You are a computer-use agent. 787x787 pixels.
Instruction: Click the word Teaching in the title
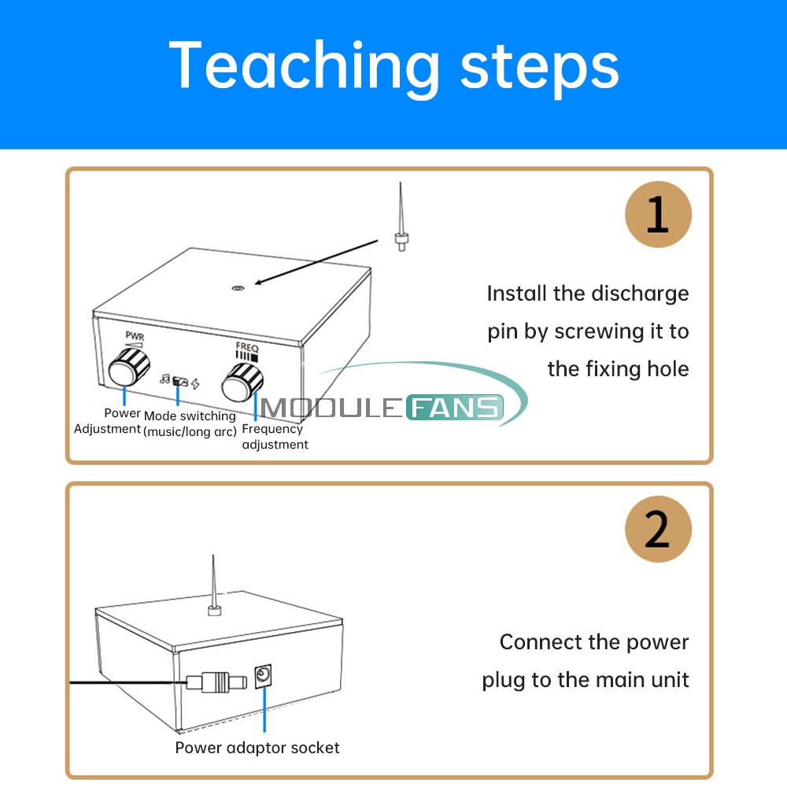tap(304, 67)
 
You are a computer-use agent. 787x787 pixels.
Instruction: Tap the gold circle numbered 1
tap(658, 214)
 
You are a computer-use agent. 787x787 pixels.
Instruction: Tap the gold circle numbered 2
tap(658, 529)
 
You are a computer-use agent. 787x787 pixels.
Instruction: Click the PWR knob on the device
tap(129, 367)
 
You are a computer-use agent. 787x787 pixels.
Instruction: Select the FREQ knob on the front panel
tap(242, 382)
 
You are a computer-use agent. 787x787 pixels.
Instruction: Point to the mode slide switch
tap(179, 382)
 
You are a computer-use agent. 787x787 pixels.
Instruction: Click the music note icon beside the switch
tap(165, 379)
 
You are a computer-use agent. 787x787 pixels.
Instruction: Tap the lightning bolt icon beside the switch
tap(195, 384)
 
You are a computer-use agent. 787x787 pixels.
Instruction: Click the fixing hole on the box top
tap(238, 288)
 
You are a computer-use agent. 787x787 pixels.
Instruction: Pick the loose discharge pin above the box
tap(400, 217)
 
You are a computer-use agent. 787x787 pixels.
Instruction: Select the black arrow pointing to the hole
tap(316, 262)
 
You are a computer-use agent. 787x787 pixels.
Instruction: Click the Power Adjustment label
tap(107, 420)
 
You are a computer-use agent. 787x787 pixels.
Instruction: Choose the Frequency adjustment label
tap(275, 437)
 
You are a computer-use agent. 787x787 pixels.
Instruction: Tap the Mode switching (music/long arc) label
tap(190, 423)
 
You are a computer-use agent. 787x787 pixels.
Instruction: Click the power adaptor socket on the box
tap(263, 676)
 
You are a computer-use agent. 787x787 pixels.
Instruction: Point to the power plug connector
tap(217, 682)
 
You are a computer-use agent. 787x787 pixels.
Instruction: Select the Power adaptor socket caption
tap(257, 748)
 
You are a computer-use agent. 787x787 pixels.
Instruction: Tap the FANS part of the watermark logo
tap(455, 407)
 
